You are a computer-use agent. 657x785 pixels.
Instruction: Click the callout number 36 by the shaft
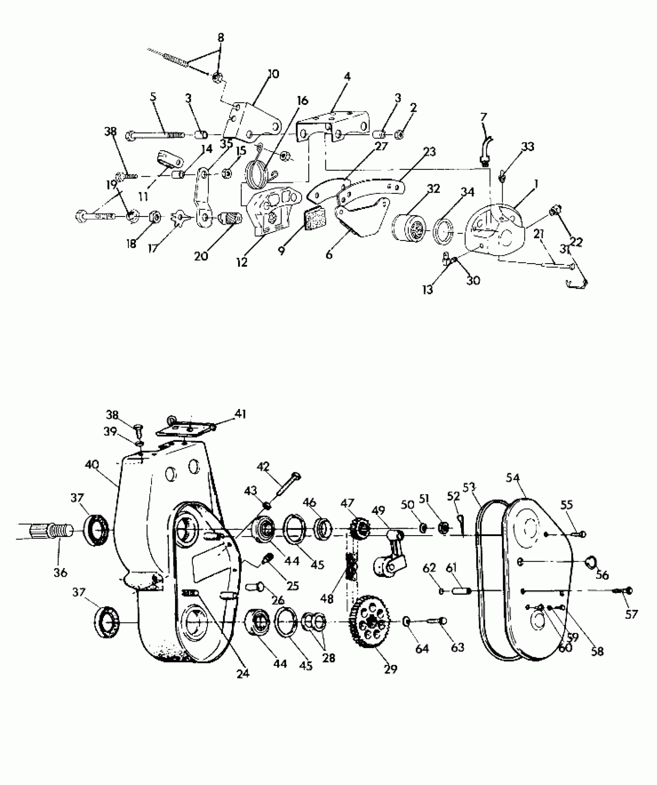(61, 572)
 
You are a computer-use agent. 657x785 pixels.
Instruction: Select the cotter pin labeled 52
(460, 521)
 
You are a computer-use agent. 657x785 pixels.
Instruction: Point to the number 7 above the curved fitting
(483, 117)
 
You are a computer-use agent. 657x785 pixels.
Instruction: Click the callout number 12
(242, 262)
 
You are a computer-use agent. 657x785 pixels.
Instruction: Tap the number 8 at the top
(221, 38)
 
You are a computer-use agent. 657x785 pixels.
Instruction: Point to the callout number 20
(201, 255)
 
